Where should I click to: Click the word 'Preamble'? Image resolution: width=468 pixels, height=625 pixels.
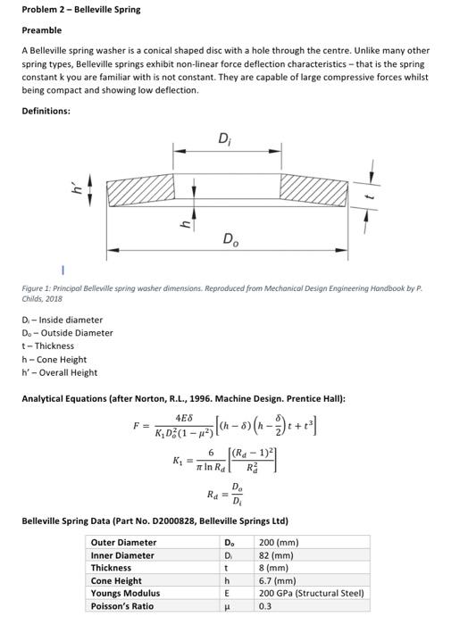(40, 29)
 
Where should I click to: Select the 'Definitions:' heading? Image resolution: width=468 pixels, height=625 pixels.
(46, 110)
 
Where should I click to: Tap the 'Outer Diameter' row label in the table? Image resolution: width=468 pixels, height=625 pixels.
(123, 542)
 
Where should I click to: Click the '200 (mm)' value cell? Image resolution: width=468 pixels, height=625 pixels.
(279, 542)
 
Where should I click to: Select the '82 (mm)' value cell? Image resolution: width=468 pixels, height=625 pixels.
(276, 555)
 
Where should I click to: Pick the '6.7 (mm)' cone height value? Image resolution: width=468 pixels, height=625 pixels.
(278, 580)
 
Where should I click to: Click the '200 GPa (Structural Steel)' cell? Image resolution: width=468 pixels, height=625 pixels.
(311, 593)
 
